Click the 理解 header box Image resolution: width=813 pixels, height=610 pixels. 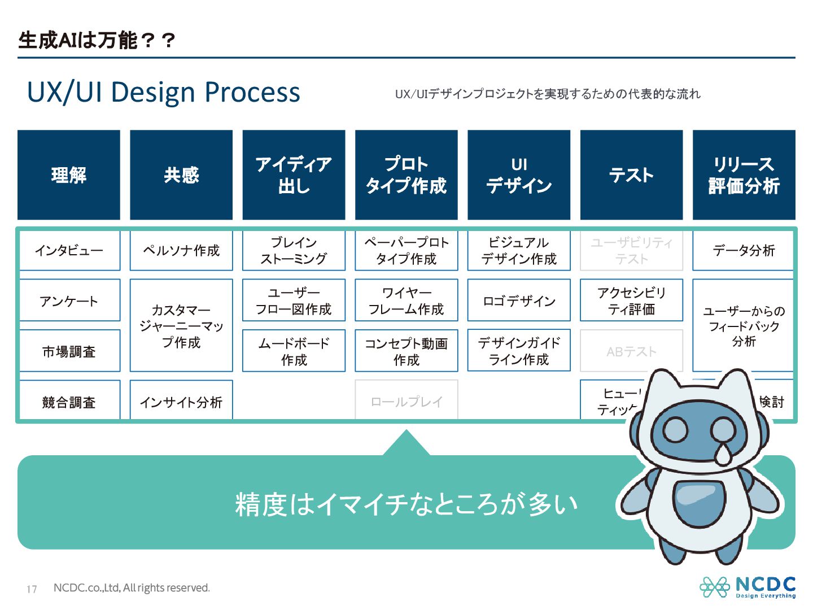tap(69, 175)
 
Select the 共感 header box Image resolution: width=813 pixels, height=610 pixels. tap(181, 175)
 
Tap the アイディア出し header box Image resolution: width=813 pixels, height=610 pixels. tap(294, 175)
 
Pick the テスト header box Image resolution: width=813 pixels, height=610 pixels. tap(631, 175)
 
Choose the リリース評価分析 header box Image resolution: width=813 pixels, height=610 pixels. tap(744, 175)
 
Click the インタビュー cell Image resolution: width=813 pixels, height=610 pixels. tap(69, 250)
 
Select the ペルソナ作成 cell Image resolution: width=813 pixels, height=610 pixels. tap(181, 250)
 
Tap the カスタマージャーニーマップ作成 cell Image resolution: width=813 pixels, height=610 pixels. tap(181, 325)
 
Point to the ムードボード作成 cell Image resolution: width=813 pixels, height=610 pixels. tap(294, 351)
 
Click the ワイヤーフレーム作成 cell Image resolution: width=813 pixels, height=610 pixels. tap(406, 300)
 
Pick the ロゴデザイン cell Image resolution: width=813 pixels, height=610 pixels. tap(519, 300)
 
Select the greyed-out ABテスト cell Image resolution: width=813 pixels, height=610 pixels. tap(631, 351)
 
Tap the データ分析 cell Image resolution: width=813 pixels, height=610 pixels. tap(744, 250)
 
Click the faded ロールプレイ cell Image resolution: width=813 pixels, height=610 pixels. tap(406, 401)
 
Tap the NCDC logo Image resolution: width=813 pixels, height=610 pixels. tap(748, 587)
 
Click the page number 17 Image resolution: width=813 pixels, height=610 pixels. tap(32, 589)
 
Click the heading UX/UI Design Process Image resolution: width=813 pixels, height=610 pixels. tap(164, 92)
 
